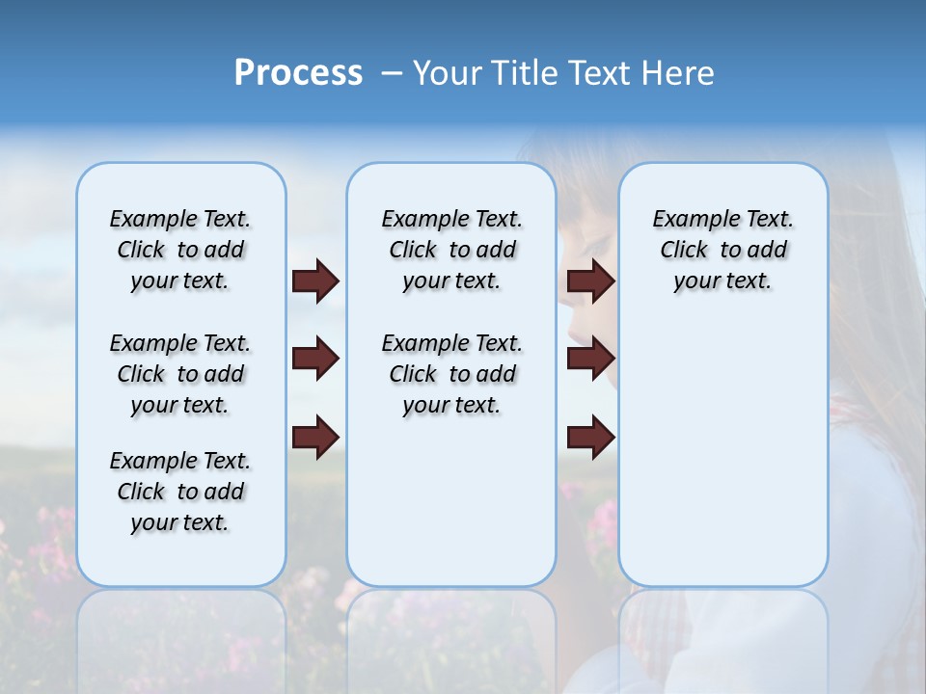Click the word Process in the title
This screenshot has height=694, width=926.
[298, 73]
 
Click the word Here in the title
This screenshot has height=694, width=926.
[679, 73]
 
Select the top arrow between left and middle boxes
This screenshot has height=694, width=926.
[315, 280]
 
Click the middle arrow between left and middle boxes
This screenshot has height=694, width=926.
[315, 359]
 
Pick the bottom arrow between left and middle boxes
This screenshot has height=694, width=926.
[315, 436]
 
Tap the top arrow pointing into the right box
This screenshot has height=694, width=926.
[590, 280]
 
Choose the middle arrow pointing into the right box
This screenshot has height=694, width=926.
[590, 359]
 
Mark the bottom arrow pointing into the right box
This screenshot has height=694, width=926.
[590, 438]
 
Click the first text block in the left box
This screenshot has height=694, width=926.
[180, 250]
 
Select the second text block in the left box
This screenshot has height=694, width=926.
[180, 374]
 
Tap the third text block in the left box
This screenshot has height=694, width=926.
[180, 492]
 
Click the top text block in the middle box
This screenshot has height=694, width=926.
[451, 250]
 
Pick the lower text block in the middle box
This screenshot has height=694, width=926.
[451, 374]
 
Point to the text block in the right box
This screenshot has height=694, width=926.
[722, 250]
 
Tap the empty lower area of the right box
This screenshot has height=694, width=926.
[722, 453]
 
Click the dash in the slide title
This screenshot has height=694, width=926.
[391, 74]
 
